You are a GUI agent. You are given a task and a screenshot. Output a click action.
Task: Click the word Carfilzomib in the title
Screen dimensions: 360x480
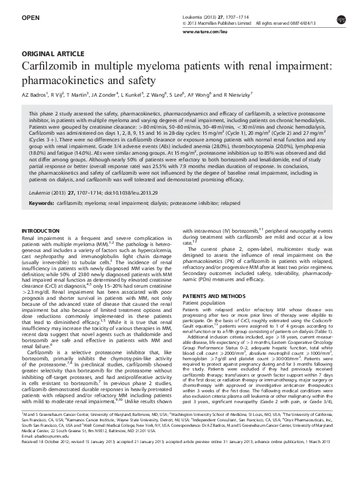(52, 65)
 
